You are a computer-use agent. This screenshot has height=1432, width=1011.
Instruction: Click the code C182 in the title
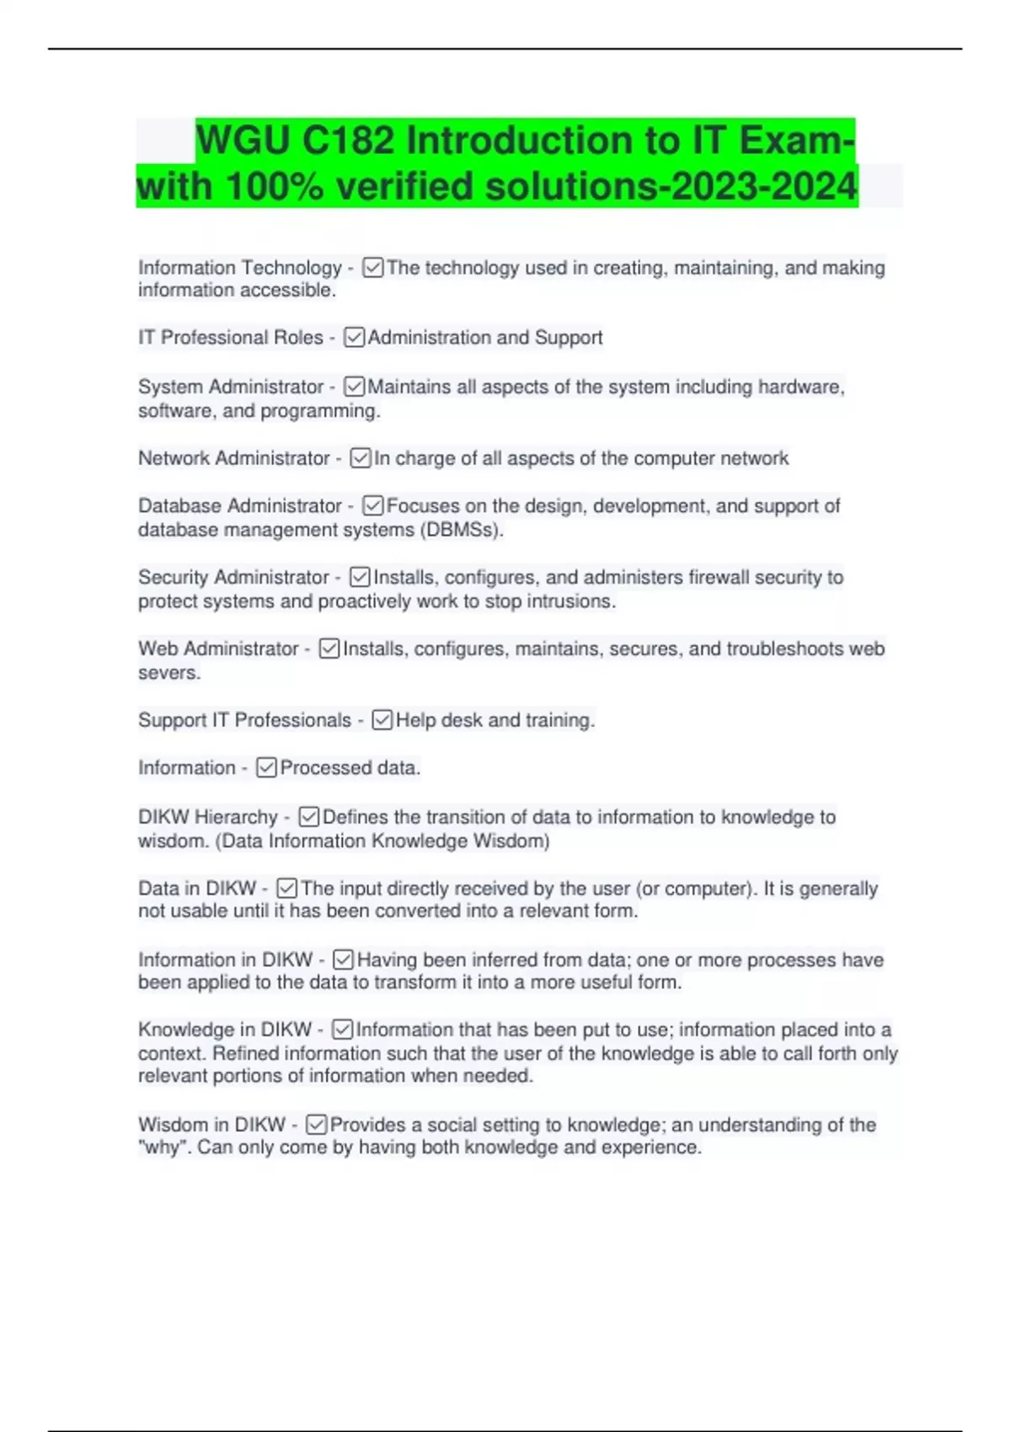348,140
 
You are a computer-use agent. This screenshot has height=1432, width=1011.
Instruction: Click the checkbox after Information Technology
373,268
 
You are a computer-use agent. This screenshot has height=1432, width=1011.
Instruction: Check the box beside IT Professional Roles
355,338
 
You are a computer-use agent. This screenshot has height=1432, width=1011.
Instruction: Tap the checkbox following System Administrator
355,387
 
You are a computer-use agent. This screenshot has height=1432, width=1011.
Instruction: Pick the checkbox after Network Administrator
361,458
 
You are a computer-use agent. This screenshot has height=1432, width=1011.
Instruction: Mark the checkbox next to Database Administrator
373,505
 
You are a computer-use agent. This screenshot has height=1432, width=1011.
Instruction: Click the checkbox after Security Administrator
360,577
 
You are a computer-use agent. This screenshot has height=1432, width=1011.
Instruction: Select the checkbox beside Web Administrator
329,649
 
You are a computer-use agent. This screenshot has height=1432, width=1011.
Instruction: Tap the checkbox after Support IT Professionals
382,720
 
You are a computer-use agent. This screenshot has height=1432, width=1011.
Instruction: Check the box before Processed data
266,767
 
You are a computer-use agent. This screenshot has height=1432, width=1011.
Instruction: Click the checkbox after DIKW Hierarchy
309,817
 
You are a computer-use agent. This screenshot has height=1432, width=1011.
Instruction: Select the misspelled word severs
168,673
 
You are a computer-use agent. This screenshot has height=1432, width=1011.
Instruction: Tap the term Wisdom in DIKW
211,1125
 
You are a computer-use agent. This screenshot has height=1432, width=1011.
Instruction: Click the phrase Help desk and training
495,720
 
